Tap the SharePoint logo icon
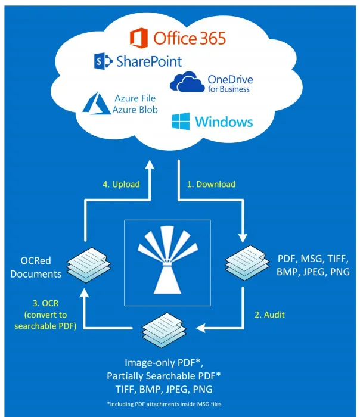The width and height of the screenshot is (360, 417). pos(103,61)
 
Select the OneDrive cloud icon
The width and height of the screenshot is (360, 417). pos(185,83)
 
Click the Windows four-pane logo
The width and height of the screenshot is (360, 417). pos(181,122)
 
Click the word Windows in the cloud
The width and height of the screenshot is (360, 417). pos(224,122)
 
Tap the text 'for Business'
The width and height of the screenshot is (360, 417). pos(228,89)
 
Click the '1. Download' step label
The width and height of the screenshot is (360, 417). pos(212,184)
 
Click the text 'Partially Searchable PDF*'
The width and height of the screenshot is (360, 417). pos(164,376)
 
